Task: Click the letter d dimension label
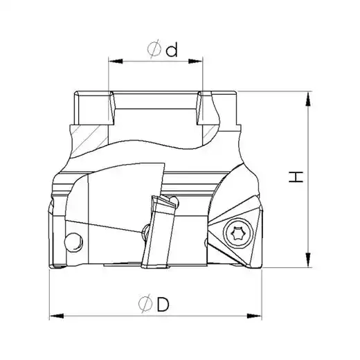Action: [172, 50]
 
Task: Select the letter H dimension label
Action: [296, 177]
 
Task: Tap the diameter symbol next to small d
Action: [154, 49]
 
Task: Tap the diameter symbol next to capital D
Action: [145, 303]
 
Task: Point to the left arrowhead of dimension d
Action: [116, 61]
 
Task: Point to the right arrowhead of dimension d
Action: [195, 61]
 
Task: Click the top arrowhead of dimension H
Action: [307, 99]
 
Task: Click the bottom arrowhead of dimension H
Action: [307, 260]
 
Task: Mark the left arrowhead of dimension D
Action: [57, 316]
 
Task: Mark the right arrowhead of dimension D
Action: [255, 316]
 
